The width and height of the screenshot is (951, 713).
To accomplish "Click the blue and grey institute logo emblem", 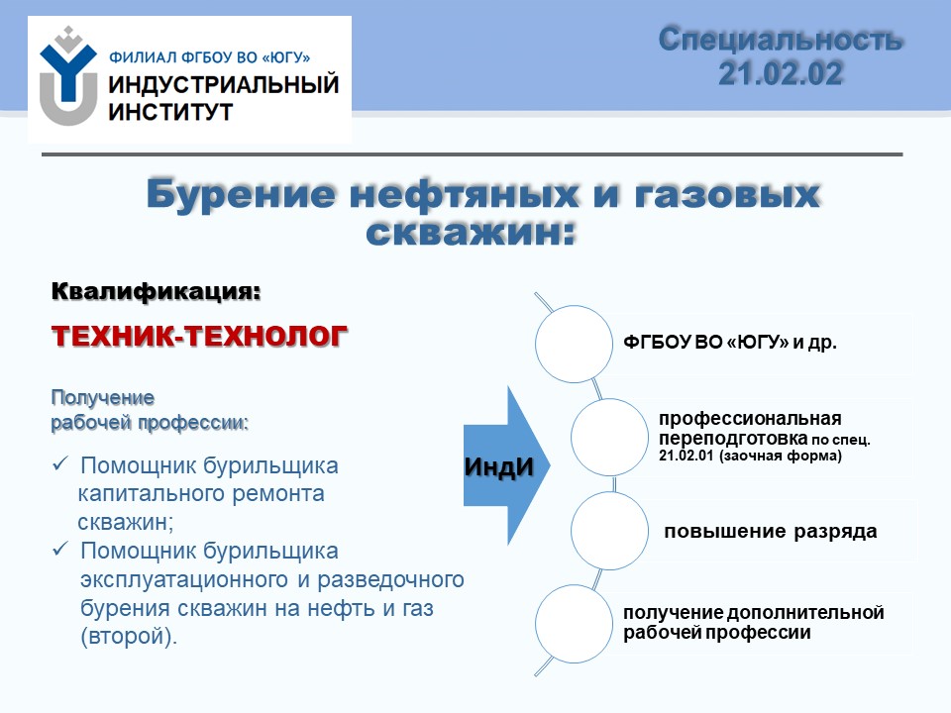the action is [x=68, y=76].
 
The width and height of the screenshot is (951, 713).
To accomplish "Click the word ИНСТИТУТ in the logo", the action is [x=170, y=112].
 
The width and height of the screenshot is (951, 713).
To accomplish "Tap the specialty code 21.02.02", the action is [x=781, y=74].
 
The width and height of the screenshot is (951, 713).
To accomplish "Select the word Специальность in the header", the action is [x=781, y=40].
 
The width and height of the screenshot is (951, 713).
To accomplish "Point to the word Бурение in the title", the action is [x=242, y=195].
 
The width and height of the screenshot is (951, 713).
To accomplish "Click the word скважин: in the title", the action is [x=470, y=232].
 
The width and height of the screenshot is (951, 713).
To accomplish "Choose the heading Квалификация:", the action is [x=156, y=291].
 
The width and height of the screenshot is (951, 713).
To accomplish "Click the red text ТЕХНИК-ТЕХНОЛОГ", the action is [x=199, y=336].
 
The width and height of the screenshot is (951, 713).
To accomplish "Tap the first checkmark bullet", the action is [x=60, y=464].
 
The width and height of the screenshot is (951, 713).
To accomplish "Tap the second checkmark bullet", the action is [x=60, y=550].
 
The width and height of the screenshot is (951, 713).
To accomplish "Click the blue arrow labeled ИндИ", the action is [x=507, y=465].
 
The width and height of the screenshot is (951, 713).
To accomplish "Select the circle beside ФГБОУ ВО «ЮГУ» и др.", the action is [x=574, y=344].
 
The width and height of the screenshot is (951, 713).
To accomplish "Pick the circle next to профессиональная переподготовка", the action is [x=609, y=437].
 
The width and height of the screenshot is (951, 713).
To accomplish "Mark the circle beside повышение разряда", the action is [x=609, y=531].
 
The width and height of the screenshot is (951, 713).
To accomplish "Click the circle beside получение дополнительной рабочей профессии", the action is [x=574, y=624].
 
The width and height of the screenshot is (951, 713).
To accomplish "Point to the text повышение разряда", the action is [x=771, y=532].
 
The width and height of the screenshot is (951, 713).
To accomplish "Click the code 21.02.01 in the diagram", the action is [x=686, y=456].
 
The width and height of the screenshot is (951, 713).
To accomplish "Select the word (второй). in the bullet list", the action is [x=129, y=636].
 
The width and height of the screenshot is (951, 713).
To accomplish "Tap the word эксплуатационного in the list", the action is [x=185, y=579].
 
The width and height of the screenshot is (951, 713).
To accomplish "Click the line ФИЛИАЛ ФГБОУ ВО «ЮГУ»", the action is [x=210, y=57].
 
